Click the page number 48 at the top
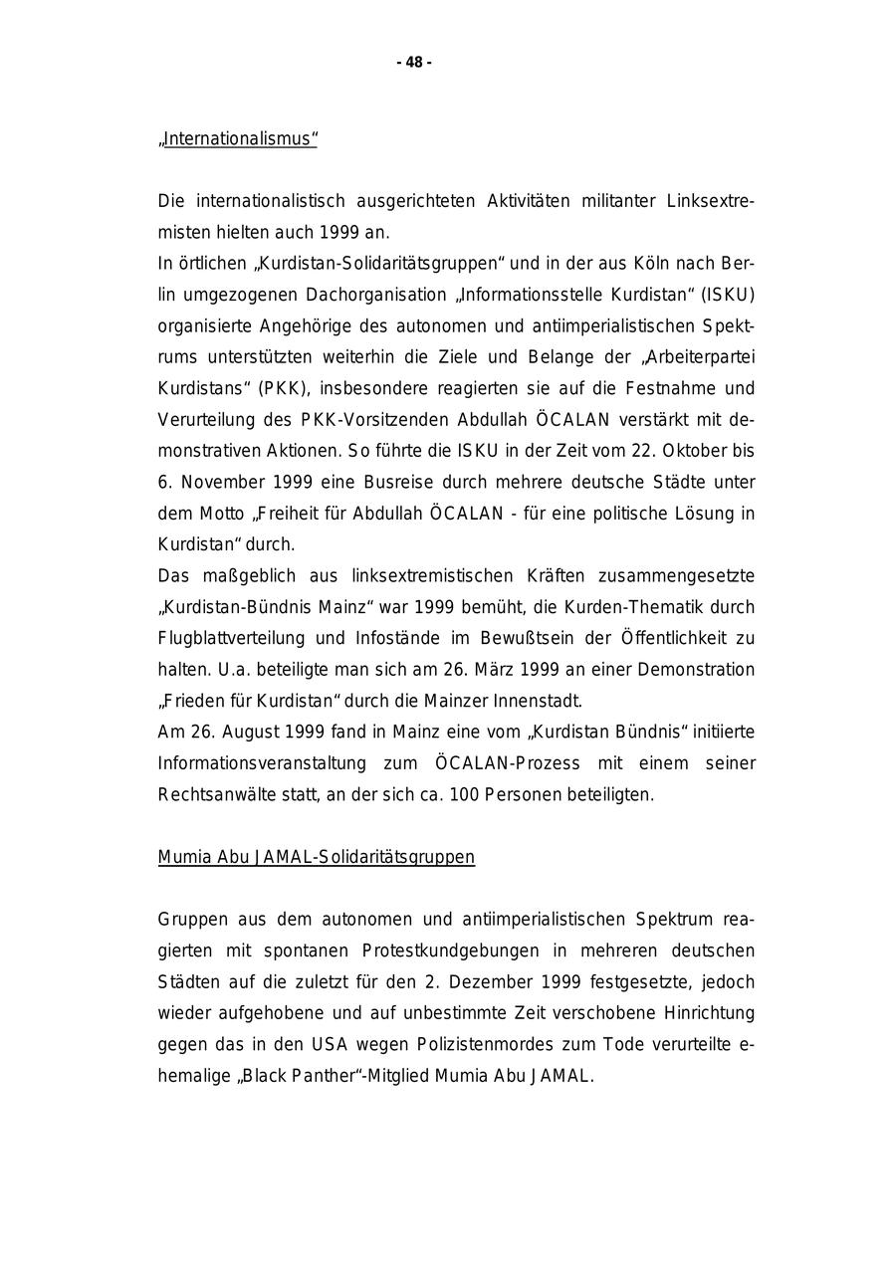tap(414, 63)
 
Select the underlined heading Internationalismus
tap(238, 139)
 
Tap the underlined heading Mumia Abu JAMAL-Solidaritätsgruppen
tap(316, 857)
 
